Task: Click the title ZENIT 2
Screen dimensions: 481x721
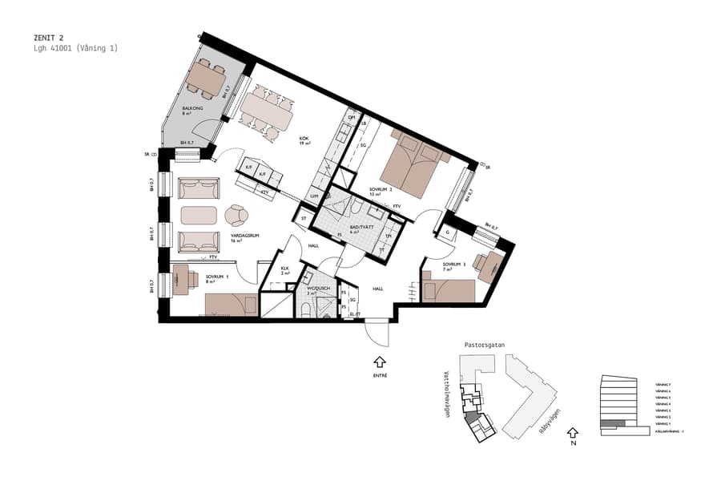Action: pyautogui.click(x=49, y=38)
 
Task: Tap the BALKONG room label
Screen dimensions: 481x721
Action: pyautogui.click(x=191, y=108)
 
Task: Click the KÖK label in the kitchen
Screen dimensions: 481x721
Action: pyautogui.click(x=304, y=139)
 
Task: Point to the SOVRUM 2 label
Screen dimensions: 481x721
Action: pyautogui.click(x=381, y=190)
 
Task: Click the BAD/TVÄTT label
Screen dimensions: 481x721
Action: pyautogui.click(x=360, y=227)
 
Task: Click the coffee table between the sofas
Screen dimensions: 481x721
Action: pyautogui.click(x=199, y=215)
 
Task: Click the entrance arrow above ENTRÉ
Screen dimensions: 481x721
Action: pyautogui.click(x=380, y=362)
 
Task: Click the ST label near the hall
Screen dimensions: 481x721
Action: pyautogui.click(x=304, y=217)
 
